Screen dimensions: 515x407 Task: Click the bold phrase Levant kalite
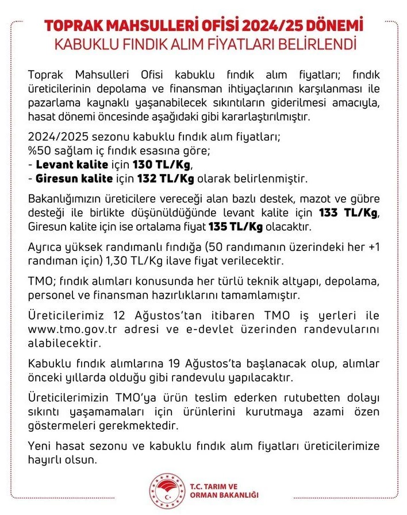coord(65,165)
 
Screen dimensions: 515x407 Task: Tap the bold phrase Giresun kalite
coord(74,177)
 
